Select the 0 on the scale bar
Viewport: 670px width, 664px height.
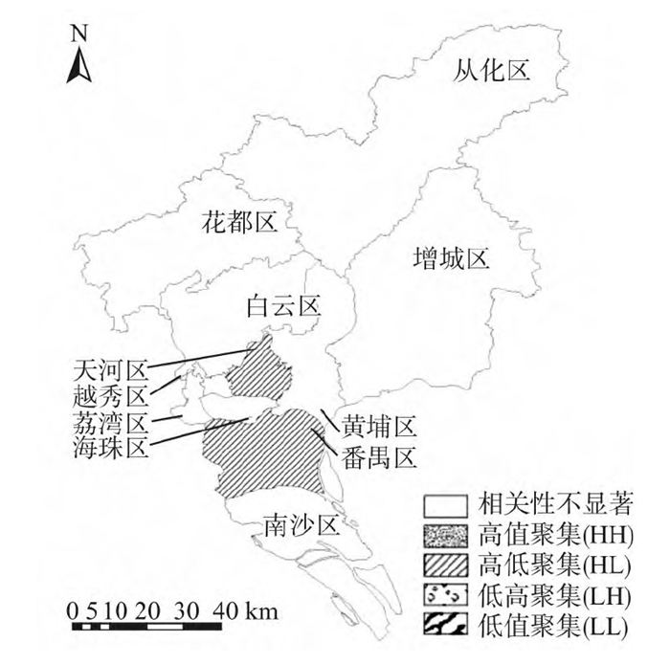73,609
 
